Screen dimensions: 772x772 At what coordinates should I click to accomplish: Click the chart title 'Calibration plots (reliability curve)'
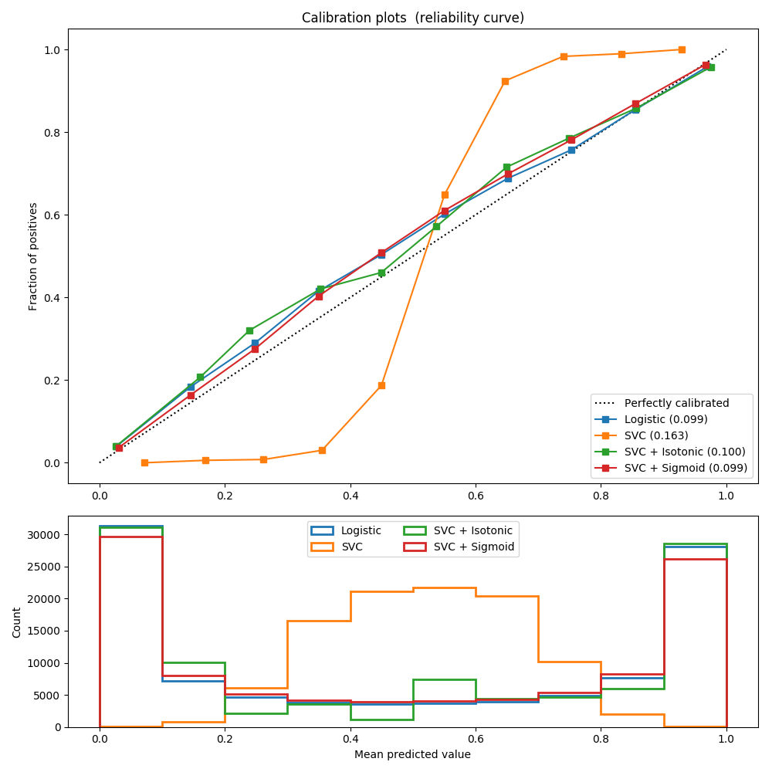[x=412, y=18]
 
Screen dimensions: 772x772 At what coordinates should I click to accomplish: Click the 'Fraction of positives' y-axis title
[x=33, y=256]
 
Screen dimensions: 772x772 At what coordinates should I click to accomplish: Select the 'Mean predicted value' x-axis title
[x=412, y=754]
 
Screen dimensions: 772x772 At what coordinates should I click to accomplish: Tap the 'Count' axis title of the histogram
[x=16, y=621]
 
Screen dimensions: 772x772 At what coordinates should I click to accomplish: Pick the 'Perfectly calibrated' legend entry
[x=676, y=402]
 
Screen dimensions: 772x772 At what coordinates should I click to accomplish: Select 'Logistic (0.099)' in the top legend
[x=665, y=419]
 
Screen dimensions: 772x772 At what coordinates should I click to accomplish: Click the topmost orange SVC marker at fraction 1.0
[x=682, y=49]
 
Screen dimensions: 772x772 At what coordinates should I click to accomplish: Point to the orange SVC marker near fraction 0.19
[x=381, y=385]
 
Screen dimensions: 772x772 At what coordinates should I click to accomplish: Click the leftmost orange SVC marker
[x=144, y=462]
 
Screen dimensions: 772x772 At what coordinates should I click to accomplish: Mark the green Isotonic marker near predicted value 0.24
[x=249, y=330]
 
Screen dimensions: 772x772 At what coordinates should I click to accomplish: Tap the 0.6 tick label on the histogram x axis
[x=475, y=739]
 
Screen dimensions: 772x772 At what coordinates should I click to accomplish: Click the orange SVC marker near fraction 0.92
[x=505, y=81]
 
